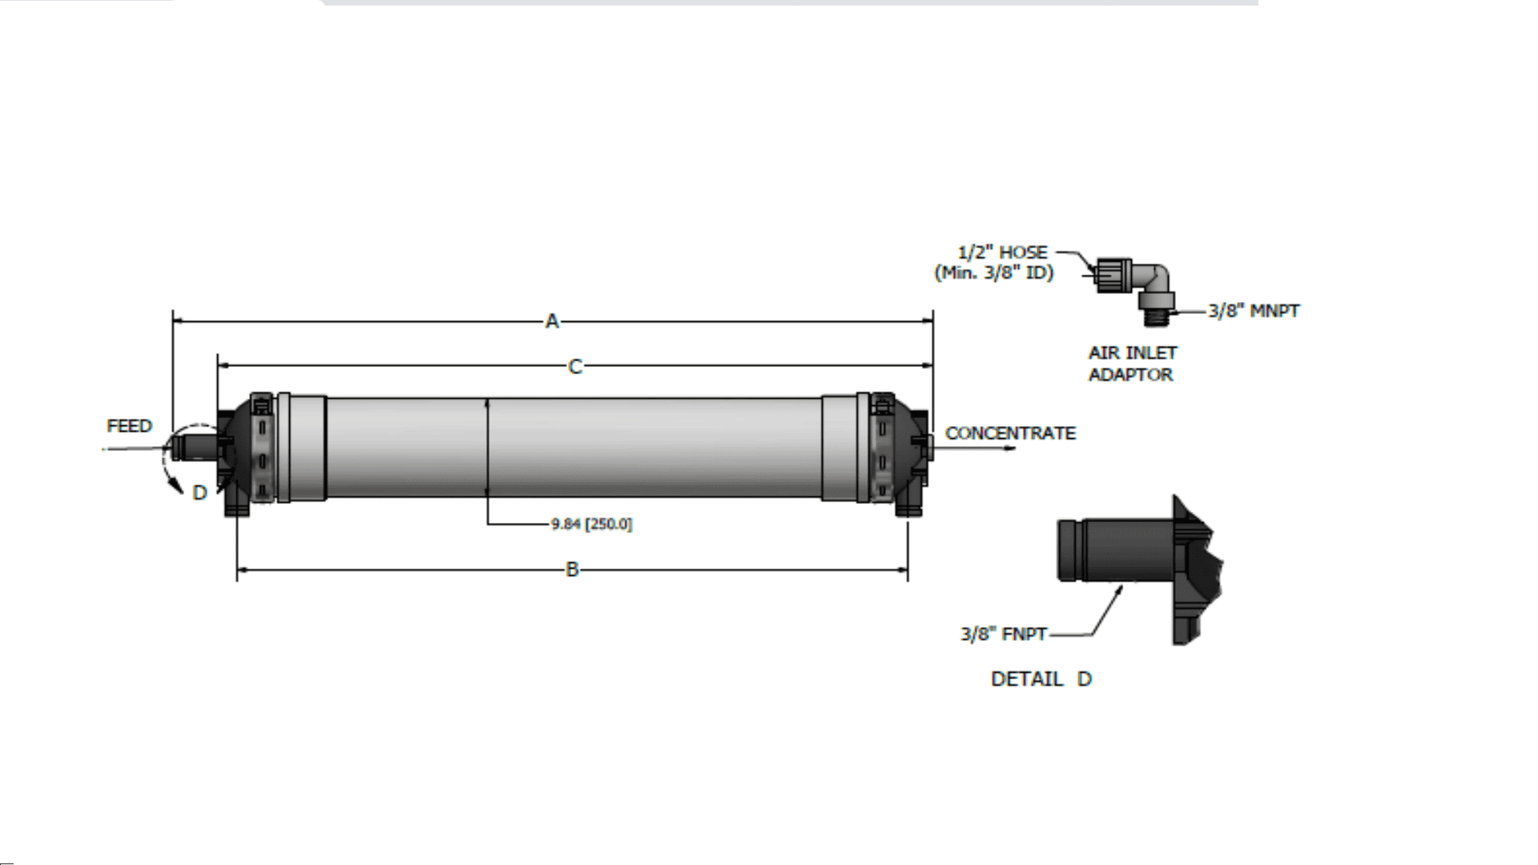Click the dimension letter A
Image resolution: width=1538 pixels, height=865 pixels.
(552, 322)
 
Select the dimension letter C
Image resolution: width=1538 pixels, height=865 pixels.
(575, 367)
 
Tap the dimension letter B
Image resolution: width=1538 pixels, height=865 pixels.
(572, 569)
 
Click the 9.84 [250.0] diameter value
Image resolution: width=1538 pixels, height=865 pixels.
(591, 525)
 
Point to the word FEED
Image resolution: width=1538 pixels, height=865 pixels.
(129, 425)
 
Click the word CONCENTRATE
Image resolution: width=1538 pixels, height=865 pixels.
(1010, 433)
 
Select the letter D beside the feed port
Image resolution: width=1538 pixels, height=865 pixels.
(200, 493)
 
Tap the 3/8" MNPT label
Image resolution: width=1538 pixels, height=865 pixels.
(1254, 311)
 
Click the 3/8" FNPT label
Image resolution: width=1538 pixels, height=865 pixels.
(1004, 634)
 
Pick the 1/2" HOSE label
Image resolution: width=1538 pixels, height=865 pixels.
(1003, 252)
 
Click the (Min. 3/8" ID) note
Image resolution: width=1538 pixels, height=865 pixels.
(994, 272)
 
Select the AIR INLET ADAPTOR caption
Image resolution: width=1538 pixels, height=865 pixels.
(1132, 364)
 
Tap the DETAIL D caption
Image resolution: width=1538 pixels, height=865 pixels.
(1041, 679)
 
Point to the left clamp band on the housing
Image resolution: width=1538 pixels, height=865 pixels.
(261, 449)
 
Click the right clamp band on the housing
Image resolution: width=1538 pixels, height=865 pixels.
(881, 449)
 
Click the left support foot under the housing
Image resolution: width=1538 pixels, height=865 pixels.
(237, 505)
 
